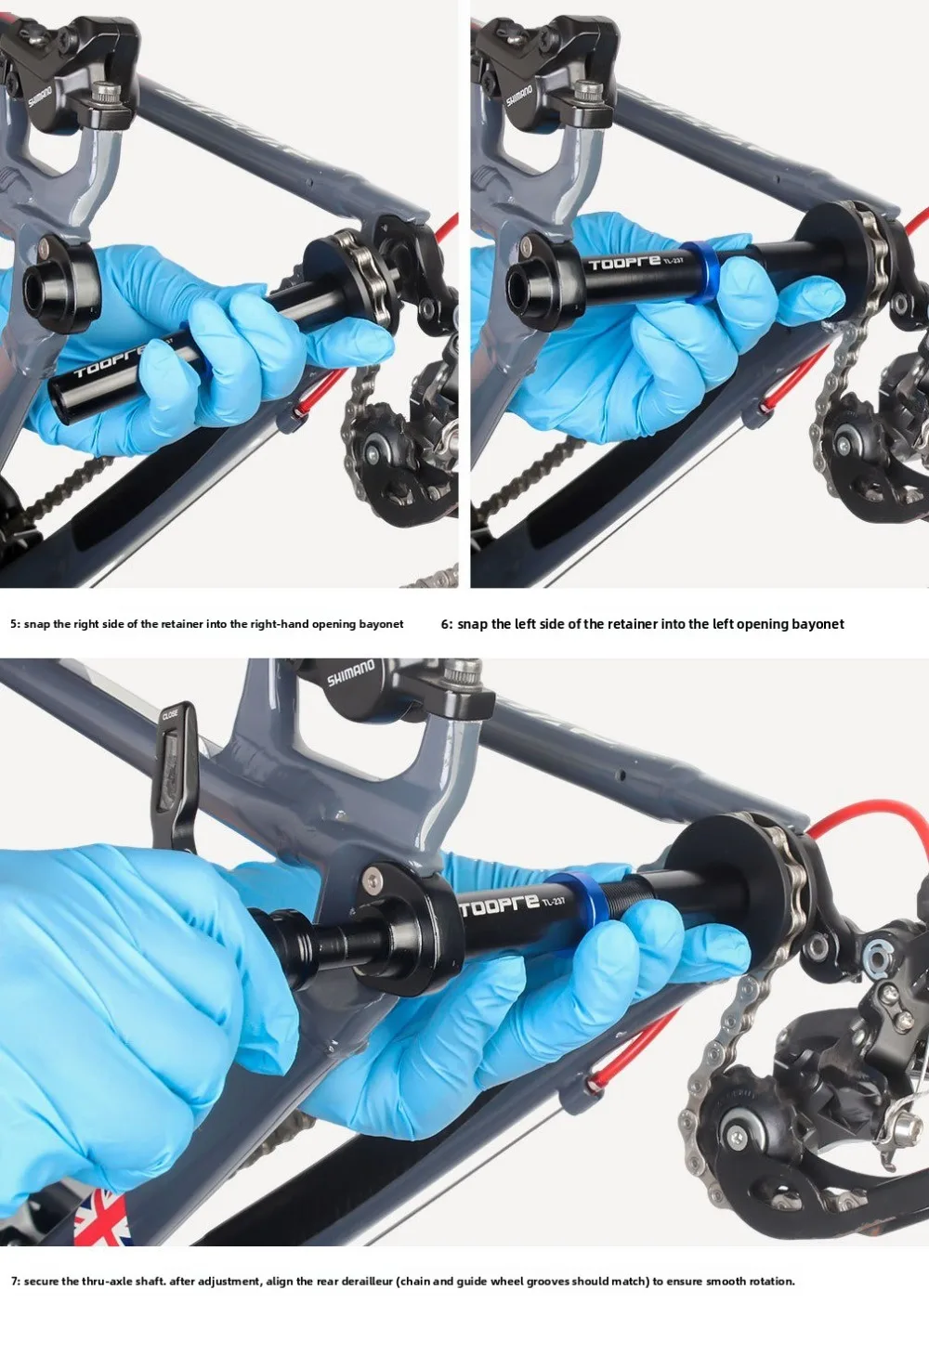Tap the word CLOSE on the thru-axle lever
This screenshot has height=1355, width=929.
(x=170, y=715)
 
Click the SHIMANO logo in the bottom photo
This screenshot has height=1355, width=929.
(x=350, y=672)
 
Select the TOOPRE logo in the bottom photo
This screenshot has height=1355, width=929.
(x=499, y=905)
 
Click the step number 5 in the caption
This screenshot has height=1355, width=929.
(x=13, y=624)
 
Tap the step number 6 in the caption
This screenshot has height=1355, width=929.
(x=445, y=624)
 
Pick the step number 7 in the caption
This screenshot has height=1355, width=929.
(x=15, y=1282)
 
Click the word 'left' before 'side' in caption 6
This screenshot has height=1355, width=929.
(x=525, y=624)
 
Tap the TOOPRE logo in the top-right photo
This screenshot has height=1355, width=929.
(x=624, y=263)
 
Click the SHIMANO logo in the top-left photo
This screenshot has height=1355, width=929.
(x=40, y=96)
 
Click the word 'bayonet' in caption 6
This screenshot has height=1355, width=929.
(x=818, y=624)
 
